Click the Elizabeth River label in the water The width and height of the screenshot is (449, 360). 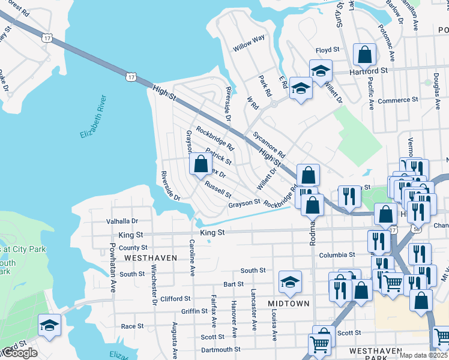click(x=92, y=116)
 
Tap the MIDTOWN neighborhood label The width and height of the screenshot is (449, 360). click(x=290, y=304)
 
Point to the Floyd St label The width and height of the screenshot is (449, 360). click(x=328, y=50)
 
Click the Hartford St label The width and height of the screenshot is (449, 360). click(x=369, y=70)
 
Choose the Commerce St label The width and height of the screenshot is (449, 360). click(x=397, y=100)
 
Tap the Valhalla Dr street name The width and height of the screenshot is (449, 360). click(x=122, y=221)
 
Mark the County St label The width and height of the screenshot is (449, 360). click(x=133, y=247)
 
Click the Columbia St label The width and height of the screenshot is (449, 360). click(x=333, y=255)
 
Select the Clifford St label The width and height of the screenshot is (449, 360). click(x=175, y=298)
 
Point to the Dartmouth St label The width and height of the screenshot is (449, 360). click(x=220, y=349)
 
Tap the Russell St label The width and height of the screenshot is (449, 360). click(x=218, y=190)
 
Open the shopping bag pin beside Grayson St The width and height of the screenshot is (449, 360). click(x=200, y=164)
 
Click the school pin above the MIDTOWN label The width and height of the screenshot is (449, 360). click(x=290, y=281)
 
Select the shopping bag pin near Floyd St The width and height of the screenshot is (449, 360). click(x=364, y=55)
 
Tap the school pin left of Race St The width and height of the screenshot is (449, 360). click(x=49, y=325)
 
